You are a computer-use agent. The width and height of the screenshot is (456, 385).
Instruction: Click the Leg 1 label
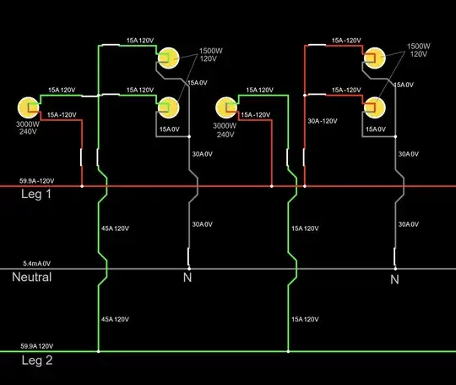(x=37, y=195)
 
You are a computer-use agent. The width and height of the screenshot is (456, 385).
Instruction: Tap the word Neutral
(x=32, y=277)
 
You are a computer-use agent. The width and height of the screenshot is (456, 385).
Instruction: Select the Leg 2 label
(x=37, y=359)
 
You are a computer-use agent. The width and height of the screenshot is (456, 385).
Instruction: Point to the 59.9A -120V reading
(x=37, y=181)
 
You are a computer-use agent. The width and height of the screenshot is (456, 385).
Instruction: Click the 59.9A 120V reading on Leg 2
(x=36, y=346)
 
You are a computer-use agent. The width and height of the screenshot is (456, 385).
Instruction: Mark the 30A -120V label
(x=323, y=121)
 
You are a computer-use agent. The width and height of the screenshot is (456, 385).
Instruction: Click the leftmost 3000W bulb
(x=29, y=107)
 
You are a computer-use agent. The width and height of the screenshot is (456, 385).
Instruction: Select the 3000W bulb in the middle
(x=226, y=107)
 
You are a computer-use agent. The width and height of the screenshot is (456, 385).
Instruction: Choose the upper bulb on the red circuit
(x=374, y=58)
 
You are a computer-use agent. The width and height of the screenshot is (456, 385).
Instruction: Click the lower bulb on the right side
(x=374, y=107)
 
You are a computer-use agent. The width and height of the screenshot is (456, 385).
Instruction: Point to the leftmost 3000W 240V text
(x=29, y=129)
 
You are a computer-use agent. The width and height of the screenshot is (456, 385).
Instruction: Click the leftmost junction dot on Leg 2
(x=100, y=350)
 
